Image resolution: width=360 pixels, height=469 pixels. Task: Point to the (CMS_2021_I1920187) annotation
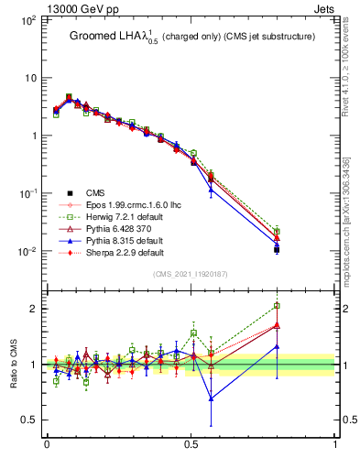(x=191, y=273)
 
